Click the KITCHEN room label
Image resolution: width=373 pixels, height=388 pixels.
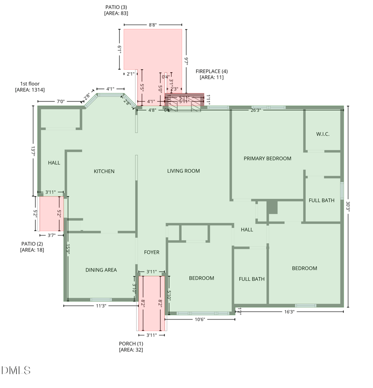point(104,171)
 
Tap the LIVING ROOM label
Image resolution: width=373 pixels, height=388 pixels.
point(183,171)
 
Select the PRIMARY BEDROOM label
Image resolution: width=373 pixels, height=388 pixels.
point(267,158)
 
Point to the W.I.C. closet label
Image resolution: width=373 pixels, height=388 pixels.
point(323,134)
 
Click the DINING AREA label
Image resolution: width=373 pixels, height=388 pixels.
point(101,270)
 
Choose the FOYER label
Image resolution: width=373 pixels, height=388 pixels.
point(152,252)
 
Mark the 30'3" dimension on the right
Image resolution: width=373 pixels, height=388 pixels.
point(348,206)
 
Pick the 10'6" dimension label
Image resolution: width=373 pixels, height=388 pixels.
point(200,319)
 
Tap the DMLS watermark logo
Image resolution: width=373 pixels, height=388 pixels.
point(16,370)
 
